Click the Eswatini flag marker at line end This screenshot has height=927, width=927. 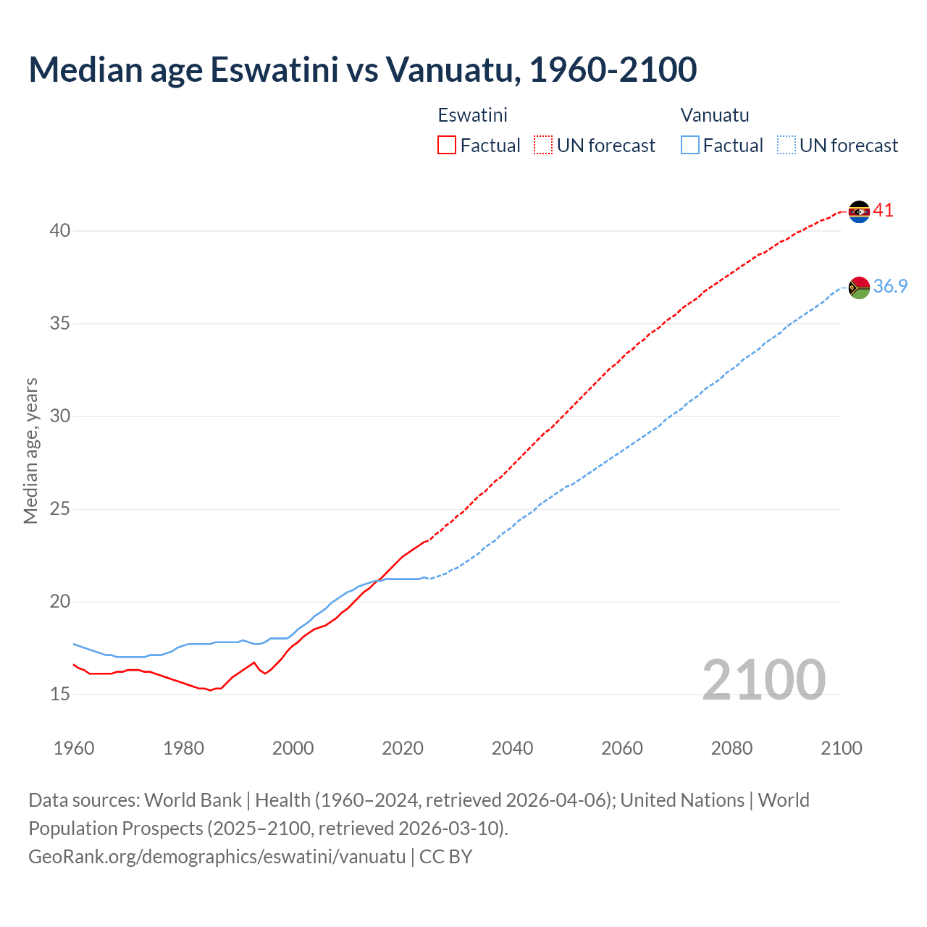point(859,211)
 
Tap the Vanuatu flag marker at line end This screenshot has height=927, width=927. point(859,288)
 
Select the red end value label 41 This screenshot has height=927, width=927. point(884,211)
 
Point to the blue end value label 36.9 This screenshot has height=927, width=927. point(890,287)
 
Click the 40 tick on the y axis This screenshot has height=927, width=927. point(60,231)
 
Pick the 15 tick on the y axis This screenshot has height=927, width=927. point(60,695)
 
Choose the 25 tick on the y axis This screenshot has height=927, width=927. point(60,509)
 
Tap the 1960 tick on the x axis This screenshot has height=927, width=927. point(74,748)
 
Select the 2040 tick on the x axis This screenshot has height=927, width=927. point(512,748)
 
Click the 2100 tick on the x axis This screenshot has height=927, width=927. point(841,748)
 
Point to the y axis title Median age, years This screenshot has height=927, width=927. point(30,450)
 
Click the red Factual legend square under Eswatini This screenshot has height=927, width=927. point(447,146)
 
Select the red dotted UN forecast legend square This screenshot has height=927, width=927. point(543,146)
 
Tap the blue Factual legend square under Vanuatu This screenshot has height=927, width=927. point(690,146)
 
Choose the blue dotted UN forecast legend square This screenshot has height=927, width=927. point(786,146)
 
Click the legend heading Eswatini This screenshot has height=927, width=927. point(472,115)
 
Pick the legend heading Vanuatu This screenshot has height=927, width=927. point(715,115)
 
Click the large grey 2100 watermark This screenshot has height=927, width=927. point(763,680)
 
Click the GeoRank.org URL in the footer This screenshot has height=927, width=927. point(217,857)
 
